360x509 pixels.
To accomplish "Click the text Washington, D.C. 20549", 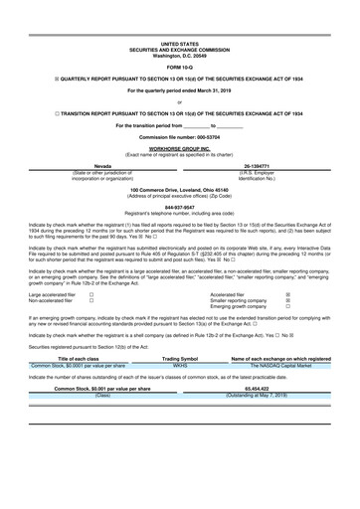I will point(179,55).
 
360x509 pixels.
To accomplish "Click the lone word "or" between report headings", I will point(179,102).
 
